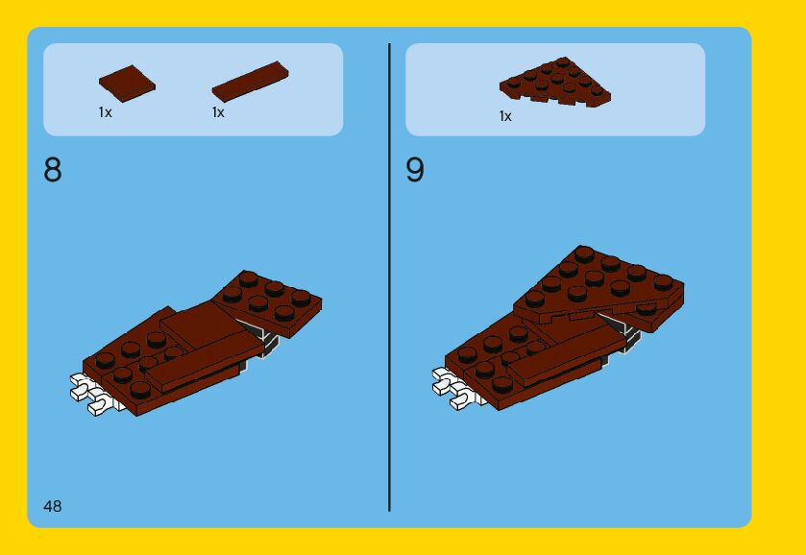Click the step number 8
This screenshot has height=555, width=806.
pyautogui.click(x=53, y=170)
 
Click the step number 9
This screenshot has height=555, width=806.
pyautogui.click(x=415, y=170)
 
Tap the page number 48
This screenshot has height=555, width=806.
pyautogui.click(x=53, y=506)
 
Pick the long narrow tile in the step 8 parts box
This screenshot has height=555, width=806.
pyautogui.click(x=251, y=82)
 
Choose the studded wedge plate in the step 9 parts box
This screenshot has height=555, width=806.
pyautogui.click(x=555, y=82)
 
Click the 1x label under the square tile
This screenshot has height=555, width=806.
pyautogui.click(x=105, y=112)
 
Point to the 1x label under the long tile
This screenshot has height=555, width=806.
pyautogui.click(x=218, y=112)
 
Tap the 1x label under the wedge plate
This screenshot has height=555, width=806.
pyautogui.click(x=505, y=116)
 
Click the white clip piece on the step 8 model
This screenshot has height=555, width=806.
pyautogui.click(x=91, y=394)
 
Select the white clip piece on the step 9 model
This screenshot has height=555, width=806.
pyautogui.click(x=455, y=389)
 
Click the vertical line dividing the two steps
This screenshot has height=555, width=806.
pyautogui.click(x=390, y=277)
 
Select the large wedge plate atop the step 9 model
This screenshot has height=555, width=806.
pyautogui.click(x=598, y=287)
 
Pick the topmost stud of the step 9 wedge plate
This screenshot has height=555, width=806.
pyautogui.click(x=584, y=253)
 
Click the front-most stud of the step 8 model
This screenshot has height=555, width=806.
pyautogui.click(x=139, y=390)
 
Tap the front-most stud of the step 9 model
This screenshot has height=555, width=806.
pyautogui.click(x=501, y=385)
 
